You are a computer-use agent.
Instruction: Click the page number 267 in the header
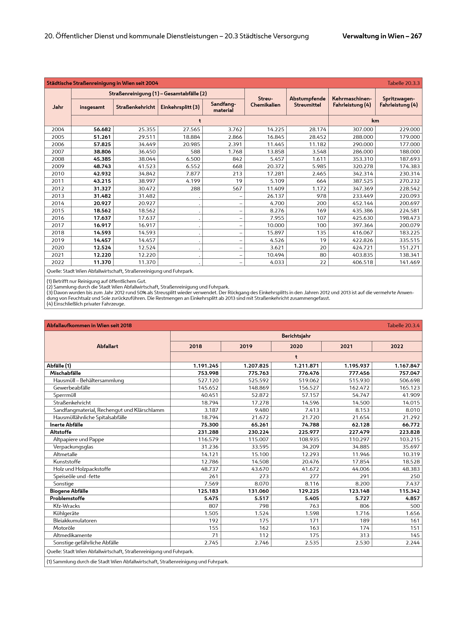(416, 36)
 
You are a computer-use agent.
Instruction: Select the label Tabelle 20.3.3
(403, 83)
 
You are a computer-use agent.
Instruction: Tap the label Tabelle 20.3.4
(403, 325)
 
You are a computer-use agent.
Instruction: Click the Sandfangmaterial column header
(223, 107)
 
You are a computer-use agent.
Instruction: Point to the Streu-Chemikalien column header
(265, 102)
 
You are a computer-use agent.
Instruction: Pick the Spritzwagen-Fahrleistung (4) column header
(398, 102)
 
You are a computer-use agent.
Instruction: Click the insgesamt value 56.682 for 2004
(102, 129)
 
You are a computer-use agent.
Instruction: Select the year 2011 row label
(58, 181)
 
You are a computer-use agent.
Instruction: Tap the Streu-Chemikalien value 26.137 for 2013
(276, 196)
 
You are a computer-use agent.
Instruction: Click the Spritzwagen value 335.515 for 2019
(409, 240)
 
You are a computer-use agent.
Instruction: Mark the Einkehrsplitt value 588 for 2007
(195, 151)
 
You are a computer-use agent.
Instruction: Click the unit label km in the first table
(375, 121)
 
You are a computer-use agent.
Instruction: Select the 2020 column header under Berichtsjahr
(296, 346)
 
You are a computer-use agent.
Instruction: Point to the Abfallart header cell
(107, 346)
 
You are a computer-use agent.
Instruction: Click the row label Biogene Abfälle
(69, 491)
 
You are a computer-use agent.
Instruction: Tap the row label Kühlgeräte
(66, 513)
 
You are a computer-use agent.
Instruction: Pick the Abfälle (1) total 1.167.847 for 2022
(407, 366)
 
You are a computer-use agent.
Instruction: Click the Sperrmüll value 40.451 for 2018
(208, 395)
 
